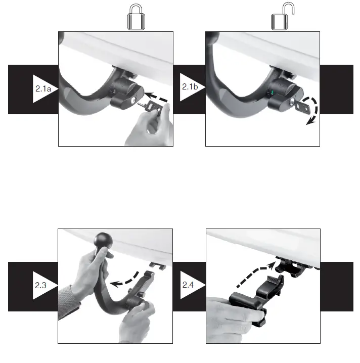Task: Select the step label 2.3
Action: coord(41,286)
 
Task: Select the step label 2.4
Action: coord(189,286)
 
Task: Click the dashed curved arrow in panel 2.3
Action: coord(125,281)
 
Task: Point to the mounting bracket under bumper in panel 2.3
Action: coord(157,265)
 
